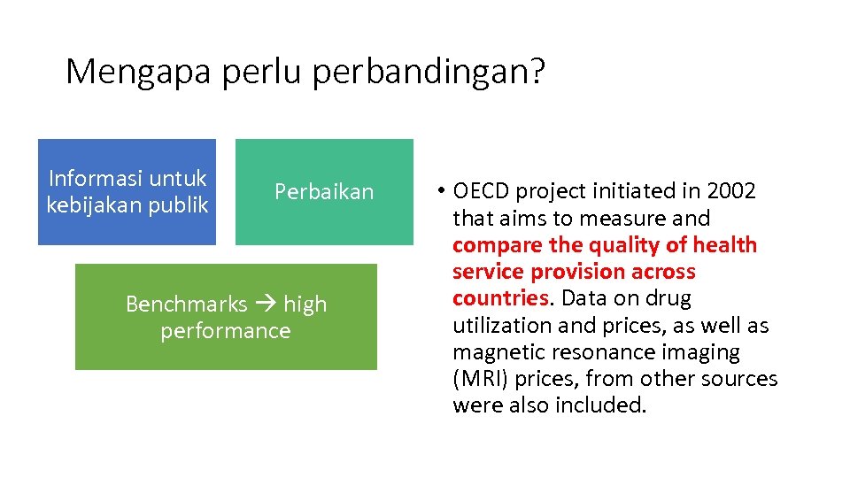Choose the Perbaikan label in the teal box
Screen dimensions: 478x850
(324, 191)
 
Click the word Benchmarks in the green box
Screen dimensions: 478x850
(186, 304)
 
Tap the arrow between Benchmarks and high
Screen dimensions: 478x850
(266, 304)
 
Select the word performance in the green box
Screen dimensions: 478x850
(226, 330)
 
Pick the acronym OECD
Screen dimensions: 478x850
(482, 191)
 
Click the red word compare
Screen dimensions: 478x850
(490, 245)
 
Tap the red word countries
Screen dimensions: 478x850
(500, 298)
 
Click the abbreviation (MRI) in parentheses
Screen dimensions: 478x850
(481, 379)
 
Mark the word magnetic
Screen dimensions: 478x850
(493, 352)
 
